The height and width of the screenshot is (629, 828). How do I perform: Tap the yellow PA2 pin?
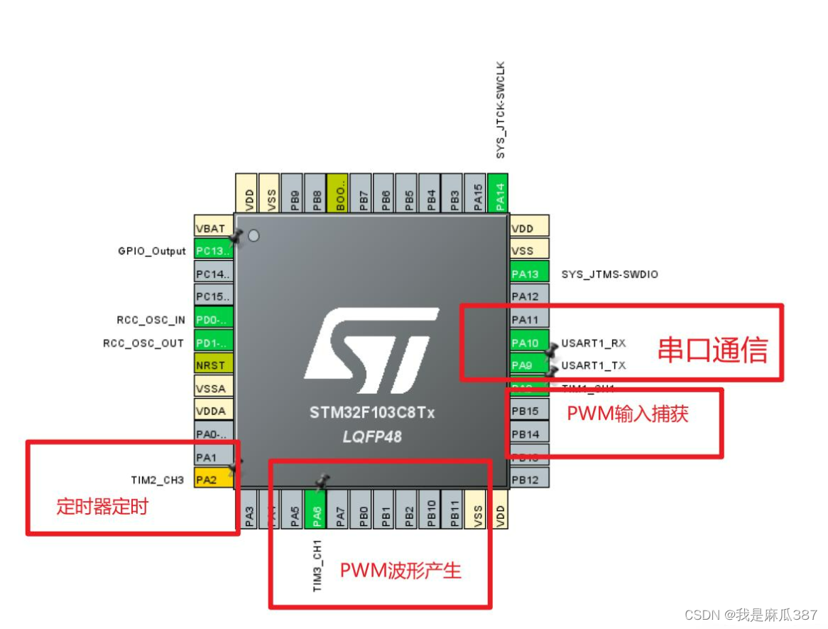[212, 480]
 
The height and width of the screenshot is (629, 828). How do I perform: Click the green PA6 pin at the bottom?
[317, 510]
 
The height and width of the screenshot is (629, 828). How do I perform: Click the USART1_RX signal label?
[594, 343]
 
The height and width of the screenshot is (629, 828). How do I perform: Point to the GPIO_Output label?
[151, 251]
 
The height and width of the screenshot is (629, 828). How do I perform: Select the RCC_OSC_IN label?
[151, 320]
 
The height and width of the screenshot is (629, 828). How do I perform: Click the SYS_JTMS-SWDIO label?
[609, 274]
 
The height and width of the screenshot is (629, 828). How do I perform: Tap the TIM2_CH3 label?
[157, 480]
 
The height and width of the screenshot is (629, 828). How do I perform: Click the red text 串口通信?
[712, 350]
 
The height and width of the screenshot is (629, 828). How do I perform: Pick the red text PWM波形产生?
[401, 570]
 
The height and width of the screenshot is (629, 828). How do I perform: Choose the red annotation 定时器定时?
[102, 507]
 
